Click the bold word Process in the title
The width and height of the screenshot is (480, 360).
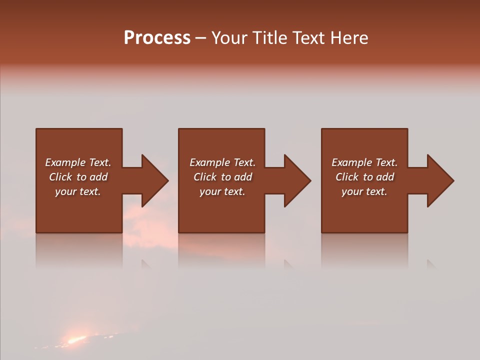tap(157, 38)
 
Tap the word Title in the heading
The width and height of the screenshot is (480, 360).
tap(270, 38)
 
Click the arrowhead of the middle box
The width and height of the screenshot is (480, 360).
tap(296, 180)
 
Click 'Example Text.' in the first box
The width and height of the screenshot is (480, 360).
tap(78, 162)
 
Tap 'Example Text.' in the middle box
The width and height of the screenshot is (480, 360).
tap(222, 162)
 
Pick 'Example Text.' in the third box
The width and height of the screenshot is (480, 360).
tap(364, 162)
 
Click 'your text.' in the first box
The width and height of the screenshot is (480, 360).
tap(78, 191)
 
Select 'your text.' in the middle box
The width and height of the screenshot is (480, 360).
tap(222, 191)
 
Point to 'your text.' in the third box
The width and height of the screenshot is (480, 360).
tap(364, 191)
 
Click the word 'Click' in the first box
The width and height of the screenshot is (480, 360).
tap(60, 177)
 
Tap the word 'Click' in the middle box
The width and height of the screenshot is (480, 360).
tap(205, 177)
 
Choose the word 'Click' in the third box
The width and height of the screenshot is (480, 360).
tap(347, 177)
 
